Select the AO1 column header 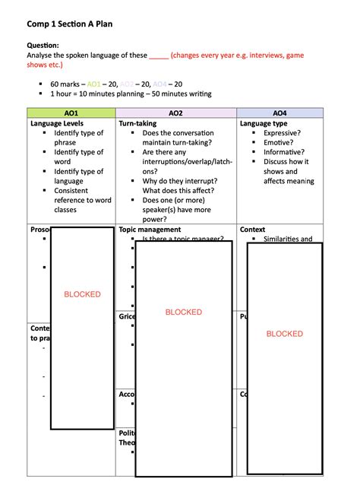tap(70, 113)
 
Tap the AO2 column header tap(175, 113)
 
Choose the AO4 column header tap(280, 113)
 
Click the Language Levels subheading tap(57, 122)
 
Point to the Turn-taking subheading tap(137, 122)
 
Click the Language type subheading tap(264, 122)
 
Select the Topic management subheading tap(150, 229)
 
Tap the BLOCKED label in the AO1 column tap(82, 294)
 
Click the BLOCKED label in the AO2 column tap(184, 312)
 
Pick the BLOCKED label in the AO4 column tap(285, 334)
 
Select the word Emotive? tap(279, 142)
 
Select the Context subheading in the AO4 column tap(252, 229)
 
